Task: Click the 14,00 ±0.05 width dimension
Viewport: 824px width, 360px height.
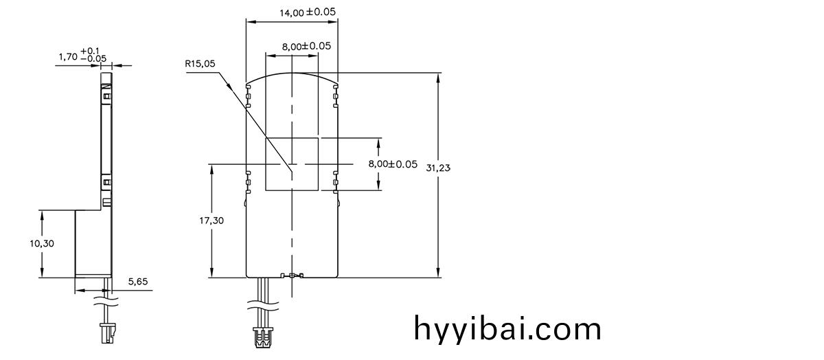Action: click(308, 12)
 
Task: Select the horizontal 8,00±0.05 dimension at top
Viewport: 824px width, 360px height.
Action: click(306, 46)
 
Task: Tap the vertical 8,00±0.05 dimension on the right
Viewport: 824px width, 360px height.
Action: click(393, 164)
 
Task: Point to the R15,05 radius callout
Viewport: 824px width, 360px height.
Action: click(200, 63)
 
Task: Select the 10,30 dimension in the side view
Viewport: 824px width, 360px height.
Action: click(43, 243)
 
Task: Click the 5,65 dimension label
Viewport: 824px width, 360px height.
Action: click(139, 282)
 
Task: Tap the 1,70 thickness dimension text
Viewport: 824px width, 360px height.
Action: click(68, 58)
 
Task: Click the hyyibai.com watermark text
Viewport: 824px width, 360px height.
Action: click(507, 329)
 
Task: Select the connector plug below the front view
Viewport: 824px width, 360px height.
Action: click(262, 337)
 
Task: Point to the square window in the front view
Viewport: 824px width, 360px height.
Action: click(292, 164)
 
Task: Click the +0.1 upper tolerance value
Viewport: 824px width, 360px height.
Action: click(90, 51)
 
